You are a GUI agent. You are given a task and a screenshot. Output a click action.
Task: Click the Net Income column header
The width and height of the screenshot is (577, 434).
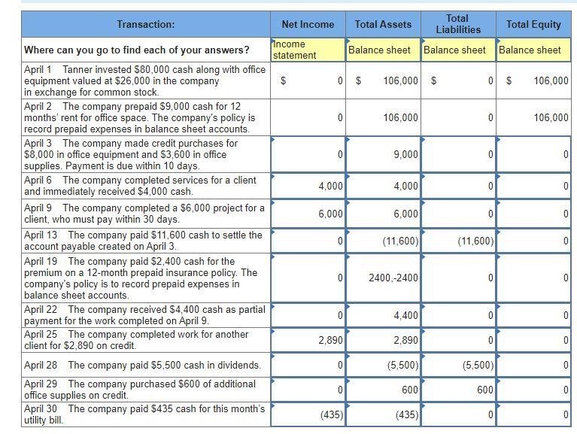point(308,24)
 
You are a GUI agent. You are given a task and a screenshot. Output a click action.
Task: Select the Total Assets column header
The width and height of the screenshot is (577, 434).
point(383,24)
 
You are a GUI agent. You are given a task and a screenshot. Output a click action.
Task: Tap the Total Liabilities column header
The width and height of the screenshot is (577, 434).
point(457,24)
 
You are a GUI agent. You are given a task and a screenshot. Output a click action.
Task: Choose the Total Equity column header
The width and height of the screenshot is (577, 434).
point(533,24)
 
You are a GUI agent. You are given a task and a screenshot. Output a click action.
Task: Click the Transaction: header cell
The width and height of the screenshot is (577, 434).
point(146,24)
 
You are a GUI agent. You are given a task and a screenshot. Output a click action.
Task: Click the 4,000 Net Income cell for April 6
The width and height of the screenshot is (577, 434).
point(308,186)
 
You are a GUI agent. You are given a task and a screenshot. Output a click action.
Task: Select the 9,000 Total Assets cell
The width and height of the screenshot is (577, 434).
point(383,154)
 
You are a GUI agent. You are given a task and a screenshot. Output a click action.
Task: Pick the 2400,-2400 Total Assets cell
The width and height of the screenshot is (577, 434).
point(383,278)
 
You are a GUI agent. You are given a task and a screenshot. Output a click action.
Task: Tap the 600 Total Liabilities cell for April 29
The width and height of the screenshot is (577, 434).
point(457,390)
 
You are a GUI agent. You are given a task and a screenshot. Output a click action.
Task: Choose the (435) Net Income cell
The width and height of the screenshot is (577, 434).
point(308,414)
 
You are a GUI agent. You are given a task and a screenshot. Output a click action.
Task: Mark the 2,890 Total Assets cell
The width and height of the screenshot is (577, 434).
point(383,340)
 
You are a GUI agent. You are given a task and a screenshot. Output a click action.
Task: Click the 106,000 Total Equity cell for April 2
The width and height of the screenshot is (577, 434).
point(533,117)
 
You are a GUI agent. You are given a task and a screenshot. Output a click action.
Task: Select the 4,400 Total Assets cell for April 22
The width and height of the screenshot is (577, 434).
point(383,315)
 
